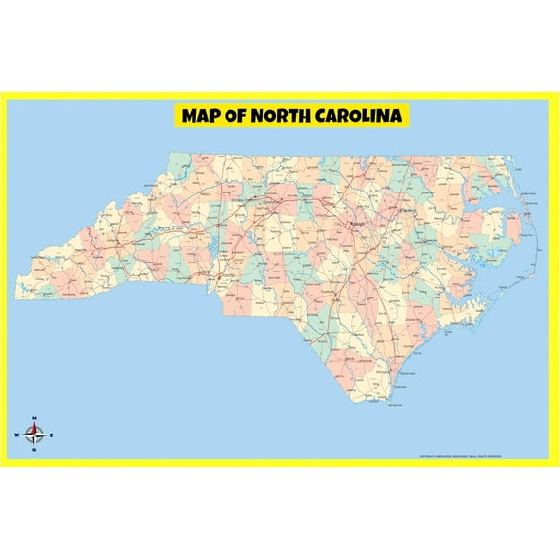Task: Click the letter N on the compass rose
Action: tap(34, 419)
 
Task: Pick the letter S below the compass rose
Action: tap(34, 450)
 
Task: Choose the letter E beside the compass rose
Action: tap(52, 435)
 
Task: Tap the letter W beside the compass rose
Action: tap(17, 435)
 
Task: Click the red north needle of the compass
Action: tap(34, 428)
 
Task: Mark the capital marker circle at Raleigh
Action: tap(350, 226)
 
